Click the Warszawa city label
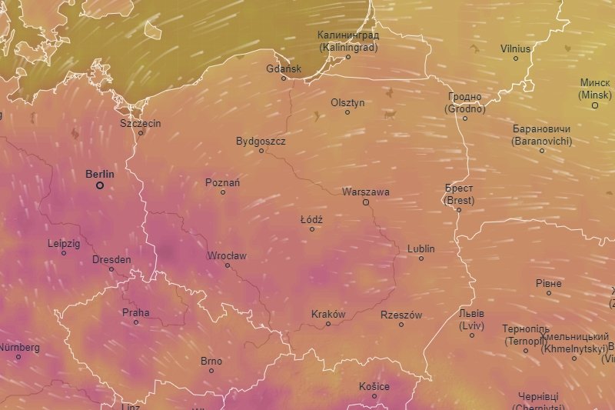tap(366, 192)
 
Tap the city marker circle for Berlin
tap(100, 185)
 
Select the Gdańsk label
tap(284, 68)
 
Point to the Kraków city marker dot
tap(328, 324)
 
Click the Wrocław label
tap(227, 255)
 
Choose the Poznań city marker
tap(223, 192)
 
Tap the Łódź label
tap(311, 219)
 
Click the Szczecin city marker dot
tap(141, 132)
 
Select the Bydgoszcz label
tap(261, 141)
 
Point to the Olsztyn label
tap(347, 102)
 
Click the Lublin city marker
tap(421, 258)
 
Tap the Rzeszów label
tap(401, 315)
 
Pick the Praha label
tap(136, 312)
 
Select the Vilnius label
tap(515, 48)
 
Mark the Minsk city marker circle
tap(594, 105)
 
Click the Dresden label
tap(111, 259)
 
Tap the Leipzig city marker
tap(64, 252)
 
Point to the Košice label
tap(374, 386)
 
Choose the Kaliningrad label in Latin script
tap(348, 47)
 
